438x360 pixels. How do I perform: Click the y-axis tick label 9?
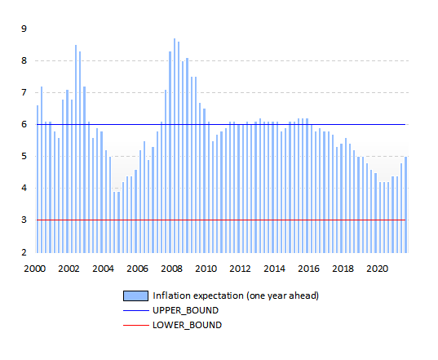click(24, 29)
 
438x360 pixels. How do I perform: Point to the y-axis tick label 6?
click(24, 124)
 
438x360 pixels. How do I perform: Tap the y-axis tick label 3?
click(24, 220)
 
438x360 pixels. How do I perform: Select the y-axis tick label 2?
click(24, 252)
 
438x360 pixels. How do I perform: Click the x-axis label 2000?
click(34, 269)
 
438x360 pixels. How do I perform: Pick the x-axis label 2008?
click(171, 269)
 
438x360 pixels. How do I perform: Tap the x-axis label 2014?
click(274, 269)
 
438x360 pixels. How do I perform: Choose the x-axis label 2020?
click(377, 269)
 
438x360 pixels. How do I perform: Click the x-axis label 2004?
click(103, 269)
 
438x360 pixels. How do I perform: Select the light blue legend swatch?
click(135, 296)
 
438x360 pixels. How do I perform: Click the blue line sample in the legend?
click(136, 310)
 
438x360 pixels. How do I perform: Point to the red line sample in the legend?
click(136, 326)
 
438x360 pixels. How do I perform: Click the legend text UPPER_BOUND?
click(185, 310)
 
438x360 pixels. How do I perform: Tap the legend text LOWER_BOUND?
click(187, 326)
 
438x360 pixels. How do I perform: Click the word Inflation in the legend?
click(171, 296)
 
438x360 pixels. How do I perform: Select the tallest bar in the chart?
click(175, 145)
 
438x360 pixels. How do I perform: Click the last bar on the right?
click(405, 205)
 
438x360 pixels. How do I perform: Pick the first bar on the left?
click(38, 179)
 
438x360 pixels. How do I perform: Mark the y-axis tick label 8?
click(24, 60)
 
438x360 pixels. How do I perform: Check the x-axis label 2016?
click(308, 269)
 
